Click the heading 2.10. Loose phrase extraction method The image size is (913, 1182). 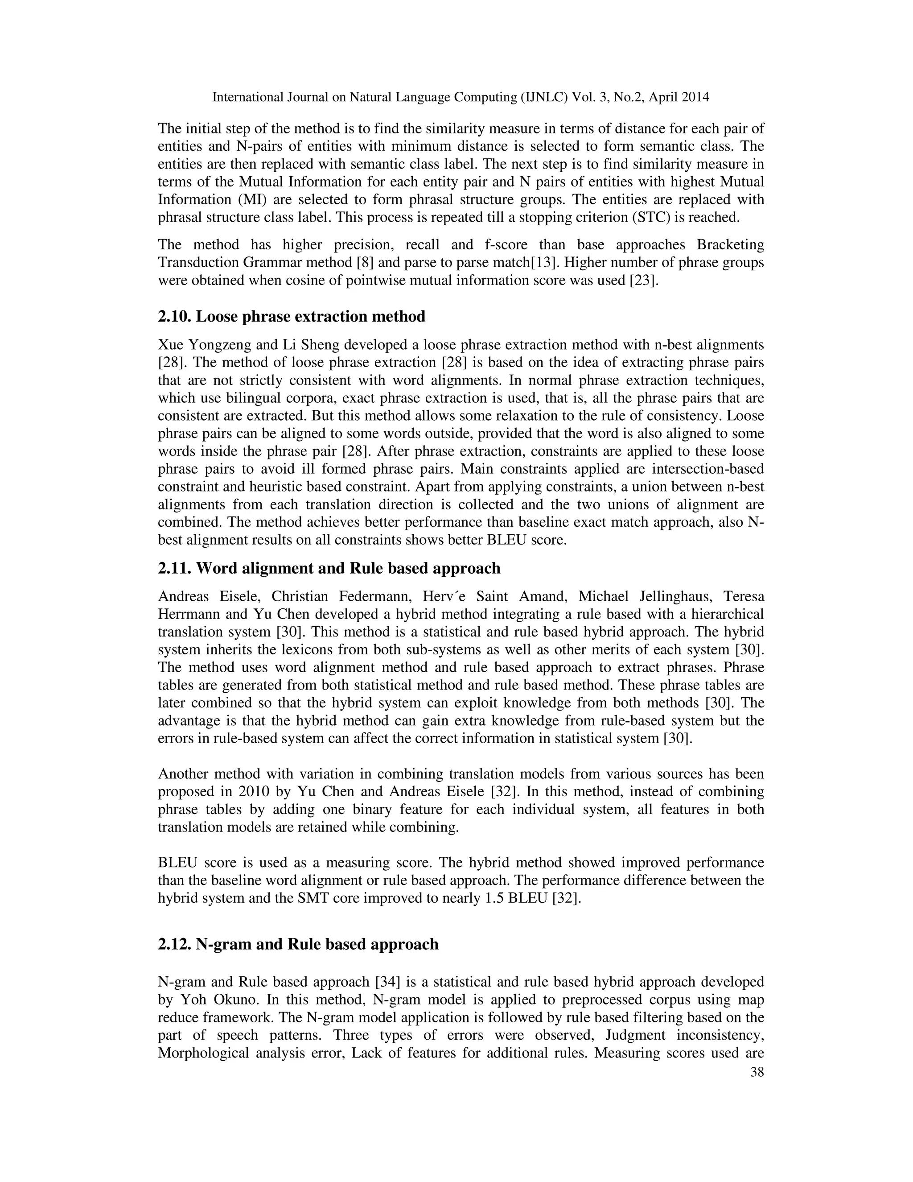292,317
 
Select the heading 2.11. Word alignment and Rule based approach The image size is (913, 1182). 329,568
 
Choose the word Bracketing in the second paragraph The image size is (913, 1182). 730,244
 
